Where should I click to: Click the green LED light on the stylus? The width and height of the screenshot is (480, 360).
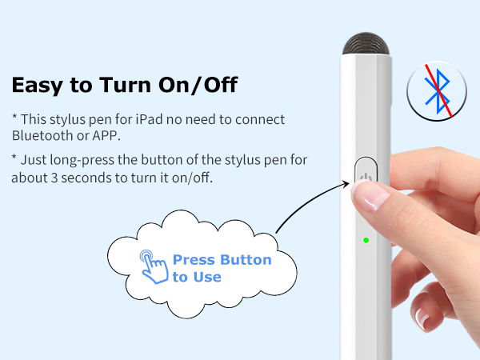point(365,240)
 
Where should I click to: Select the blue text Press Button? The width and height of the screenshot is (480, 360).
point(222,260)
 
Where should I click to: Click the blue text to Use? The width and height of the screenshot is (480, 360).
point(197,277)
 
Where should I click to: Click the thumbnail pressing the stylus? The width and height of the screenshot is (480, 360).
point(370,194)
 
